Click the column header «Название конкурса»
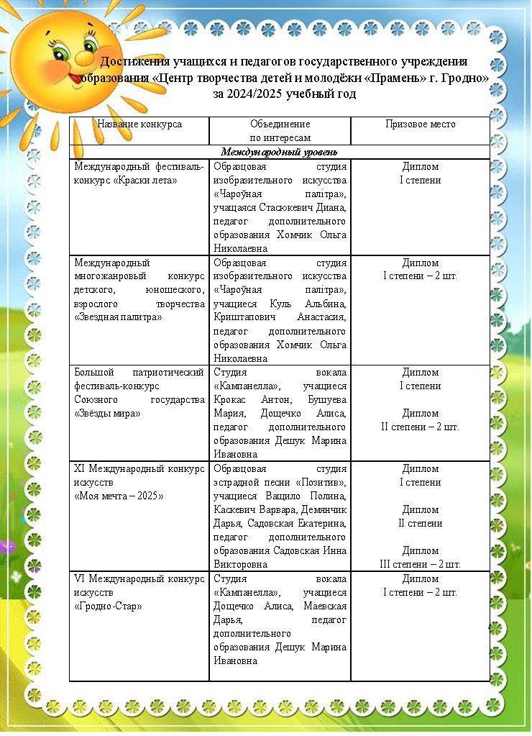(139, 124)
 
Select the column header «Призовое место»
(420, 124)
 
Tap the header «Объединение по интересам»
(280, 130)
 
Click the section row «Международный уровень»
(280, 152)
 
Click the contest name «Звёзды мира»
(107, 414)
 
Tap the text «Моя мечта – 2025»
(119, 496)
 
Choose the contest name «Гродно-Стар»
(108, 606)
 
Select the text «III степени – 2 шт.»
(420, 565)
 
